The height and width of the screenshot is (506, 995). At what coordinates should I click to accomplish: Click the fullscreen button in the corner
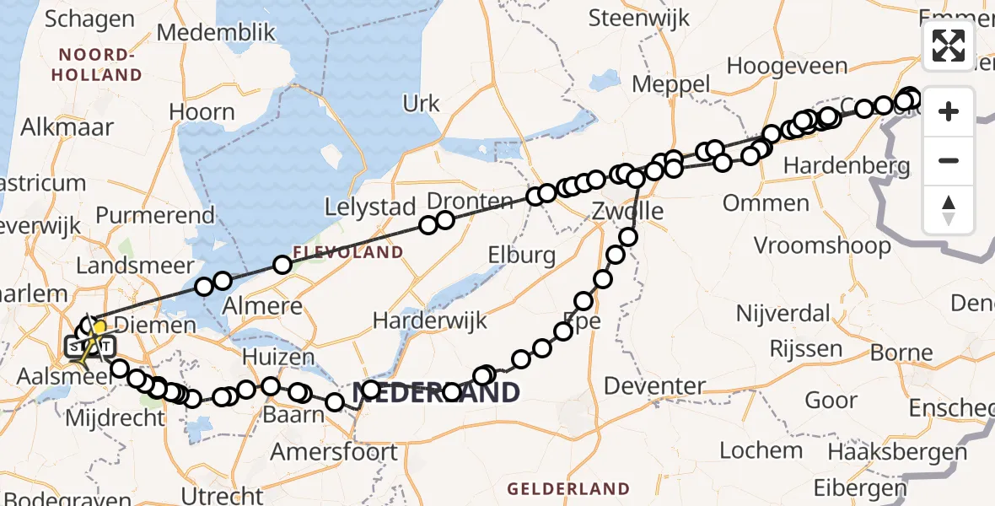(949, 45)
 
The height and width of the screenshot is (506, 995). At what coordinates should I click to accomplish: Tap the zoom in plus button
(949, 111)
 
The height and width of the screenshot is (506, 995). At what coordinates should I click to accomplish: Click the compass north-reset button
(949, 209)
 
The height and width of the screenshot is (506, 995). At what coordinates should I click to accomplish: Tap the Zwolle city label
(627, 209)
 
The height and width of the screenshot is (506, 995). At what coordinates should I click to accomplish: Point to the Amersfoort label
(334, 451)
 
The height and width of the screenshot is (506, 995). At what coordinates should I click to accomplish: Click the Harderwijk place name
(430, 320)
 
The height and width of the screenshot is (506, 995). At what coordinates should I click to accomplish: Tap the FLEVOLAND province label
(348, 252)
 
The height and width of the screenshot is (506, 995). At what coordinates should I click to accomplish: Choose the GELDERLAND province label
(568, 488)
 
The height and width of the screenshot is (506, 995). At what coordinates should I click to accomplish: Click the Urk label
(422, 104)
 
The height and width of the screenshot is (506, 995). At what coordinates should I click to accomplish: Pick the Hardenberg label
(847, 165)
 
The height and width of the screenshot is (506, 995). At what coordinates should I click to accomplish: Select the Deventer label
(656, 386)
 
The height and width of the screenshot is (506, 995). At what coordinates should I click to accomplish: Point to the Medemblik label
(217, 33)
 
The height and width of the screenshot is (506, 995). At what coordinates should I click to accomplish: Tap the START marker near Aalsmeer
(82, 347)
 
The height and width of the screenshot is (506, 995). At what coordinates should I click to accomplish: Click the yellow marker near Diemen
(99, 327)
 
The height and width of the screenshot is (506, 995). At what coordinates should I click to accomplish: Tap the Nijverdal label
(783, 314)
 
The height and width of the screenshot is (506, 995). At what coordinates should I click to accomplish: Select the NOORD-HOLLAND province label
(96, 65)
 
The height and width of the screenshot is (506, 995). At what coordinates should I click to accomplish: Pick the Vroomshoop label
(822, 245)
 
